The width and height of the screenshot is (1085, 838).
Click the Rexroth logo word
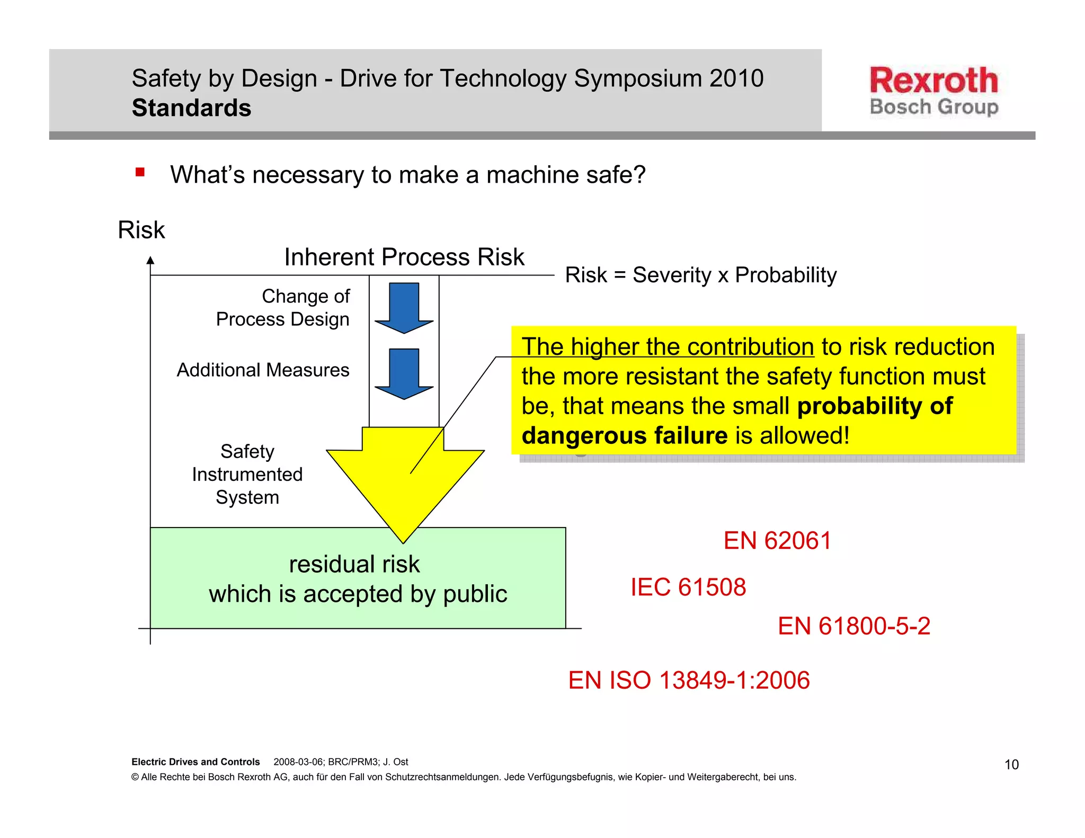[x=933, y=81]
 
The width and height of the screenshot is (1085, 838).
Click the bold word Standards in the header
[x=191, y=108]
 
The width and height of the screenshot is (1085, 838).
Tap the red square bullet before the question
[x=140, y=172]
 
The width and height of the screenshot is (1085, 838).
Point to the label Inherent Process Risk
[x=404, y=257]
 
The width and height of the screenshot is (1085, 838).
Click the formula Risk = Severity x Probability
[x=700, y=275]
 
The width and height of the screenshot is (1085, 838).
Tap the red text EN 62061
[x=777, y=541]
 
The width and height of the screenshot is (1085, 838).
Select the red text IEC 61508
[x=688, y=587]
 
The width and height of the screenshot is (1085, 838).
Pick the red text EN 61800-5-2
[x=853, y=626]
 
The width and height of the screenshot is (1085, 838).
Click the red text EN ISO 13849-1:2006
[x=689, y=680]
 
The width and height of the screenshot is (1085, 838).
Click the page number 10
[x=1011, y=764]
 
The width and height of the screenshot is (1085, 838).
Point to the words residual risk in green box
[x=354, y=564]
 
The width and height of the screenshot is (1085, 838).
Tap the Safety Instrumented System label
[x=247, y=474]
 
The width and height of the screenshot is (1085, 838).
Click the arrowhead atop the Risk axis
[x=150, y=260]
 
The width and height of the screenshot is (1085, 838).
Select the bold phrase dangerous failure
[x=625, y=435]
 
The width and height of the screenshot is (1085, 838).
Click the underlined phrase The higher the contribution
[x=668, y=347]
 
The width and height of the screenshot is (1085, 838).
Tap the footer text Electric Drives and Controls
[x=195, y=762]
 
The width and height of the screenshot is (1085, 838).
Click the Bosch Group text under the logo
[x=933, y=107]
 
